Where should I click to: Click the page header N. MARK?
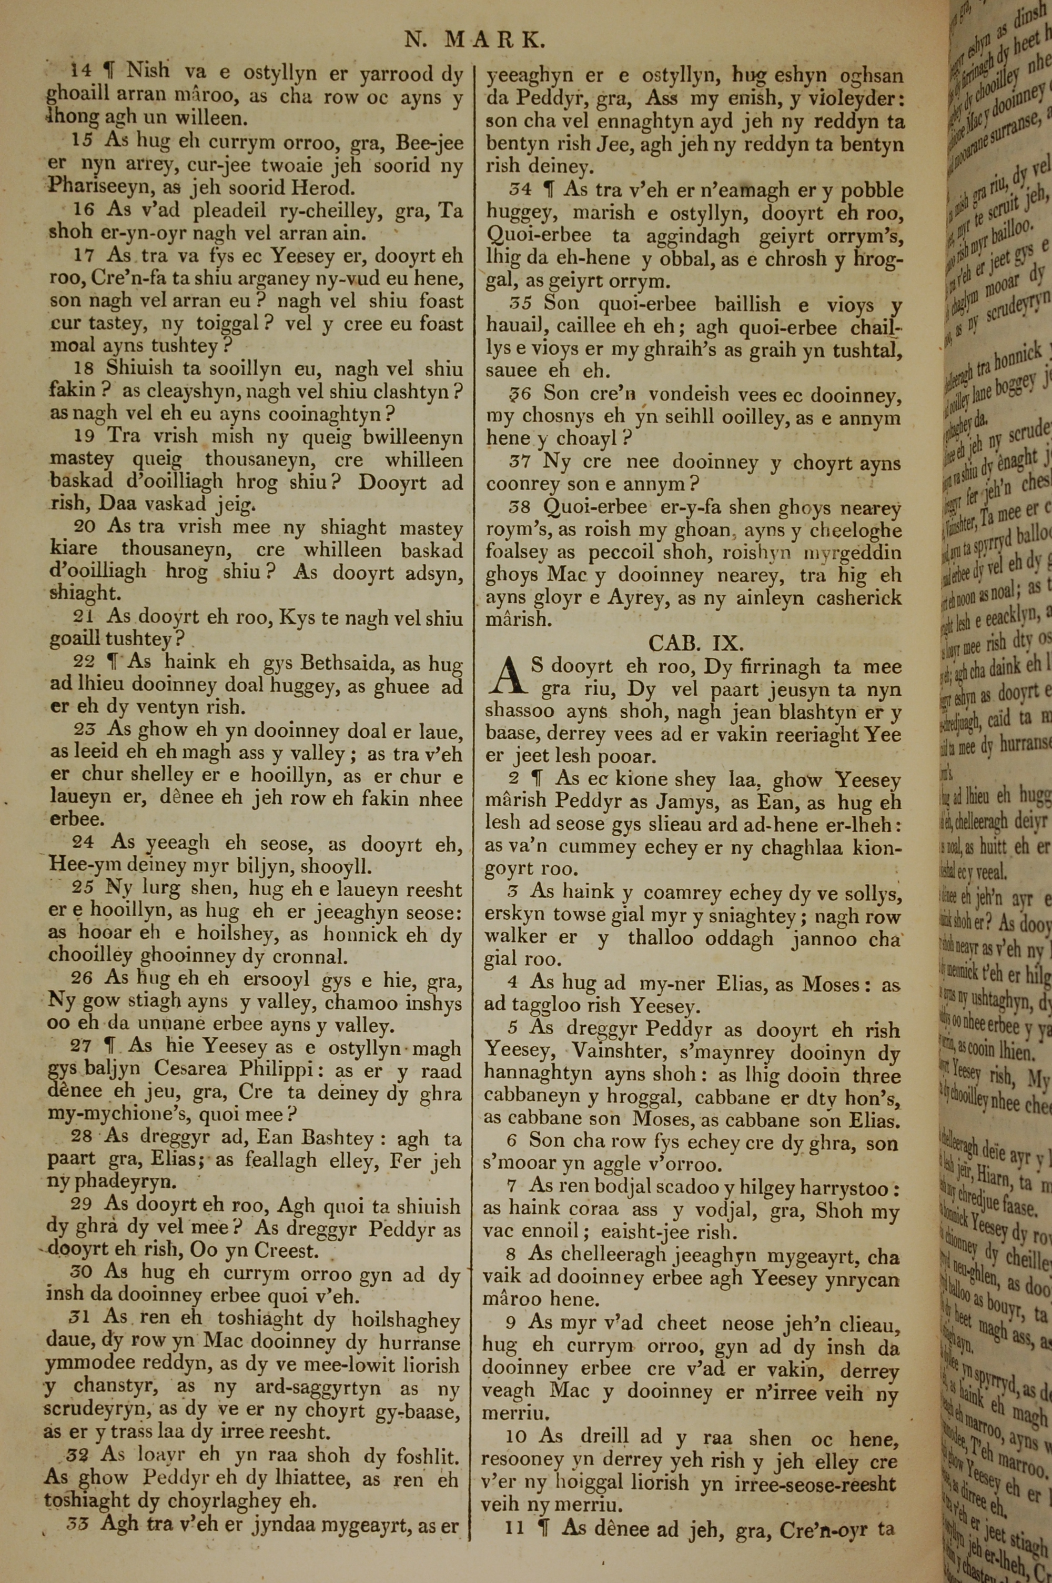[475, 41]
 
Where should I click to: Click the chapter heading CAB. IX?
[696, 644]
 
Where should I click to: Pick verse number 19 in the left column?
[84, 436]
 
